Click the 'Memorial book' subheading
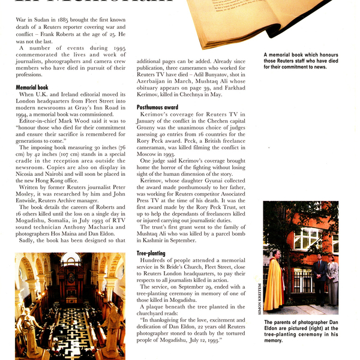tap(32, 87)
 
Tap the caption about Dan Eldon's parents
tap(301, 331)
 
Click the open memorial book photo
tap(264, 24)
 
